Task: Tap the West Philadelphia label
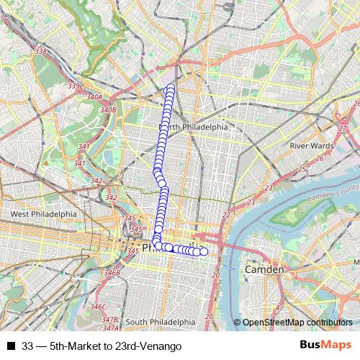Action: (43, 214)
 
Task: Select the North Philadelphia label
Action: (193, 126)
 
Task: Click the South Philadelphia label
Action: (161, 322)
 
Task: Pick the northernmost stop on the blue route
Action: (171, 88)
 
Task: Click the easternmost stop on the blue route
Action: (203, 251)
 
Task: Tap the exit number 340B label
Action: (108, 109)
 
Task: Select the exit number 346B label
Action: (112, 273)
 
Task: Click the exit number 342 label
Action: (111, 197)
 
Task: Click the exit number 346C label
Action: (98, 307)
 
